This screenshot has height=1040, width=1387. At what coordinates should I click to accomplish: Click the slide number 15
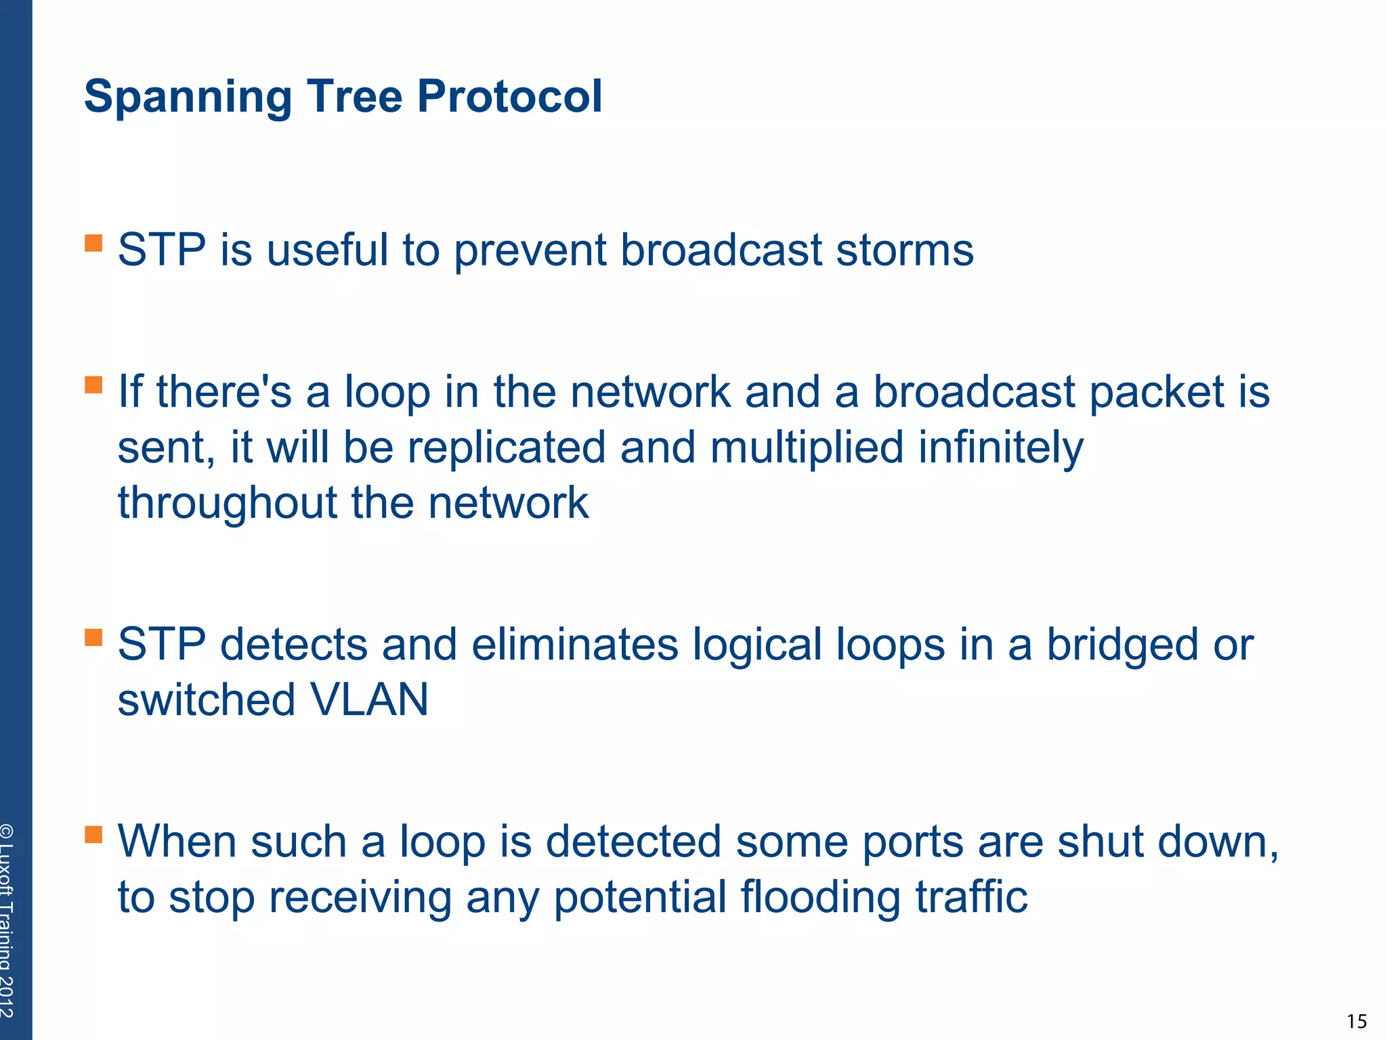click(x=1357, y=1021)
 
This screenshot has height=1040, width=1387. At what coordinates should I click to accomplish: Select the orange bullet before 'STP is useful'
click(x=93, y=243)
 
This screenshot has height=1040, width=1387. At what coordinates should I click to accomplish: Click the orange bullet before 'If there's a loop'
click(x=93, y=385)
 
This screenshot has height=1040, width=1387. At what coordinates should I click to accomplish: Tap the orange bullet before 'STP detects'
click(x=93, y=637)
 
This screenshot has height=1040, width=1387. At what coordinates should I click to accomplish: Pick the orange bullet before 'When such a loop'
click(x=93, y=834)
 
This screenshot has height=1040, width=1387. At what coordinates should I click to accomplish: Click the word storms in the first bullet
click(x=905, y=250)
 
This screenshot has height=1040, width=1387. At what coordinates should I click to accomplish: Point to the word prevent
click(x=530, y=251)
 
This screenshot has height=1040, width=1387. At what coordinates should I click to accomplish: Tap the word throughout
click(x=228, y=504)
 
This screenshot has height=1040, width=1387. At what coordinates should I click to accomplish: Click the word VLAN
click(x=369, y=699)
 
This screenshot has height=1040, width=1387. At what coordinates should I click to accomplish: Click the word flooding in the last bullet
click(x=820, y=898)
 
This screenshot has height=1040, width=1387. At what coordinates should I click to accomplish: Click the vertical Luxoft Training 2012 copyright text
click(x=7, y=921)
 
